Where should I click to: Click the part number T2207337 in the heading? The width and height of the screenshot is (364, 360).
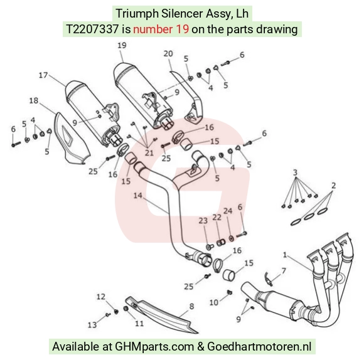(92, 29)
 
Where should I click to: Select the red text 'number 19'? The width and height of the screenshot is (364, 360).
(161, 29)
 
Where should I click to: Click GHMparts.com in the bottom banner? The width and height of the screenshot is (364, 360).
(154, 347)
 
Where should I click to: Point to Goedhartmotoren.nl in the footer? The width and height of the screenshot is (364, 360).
(259, 346)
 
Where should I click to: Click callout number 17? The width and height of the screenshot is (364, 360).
(43, 75)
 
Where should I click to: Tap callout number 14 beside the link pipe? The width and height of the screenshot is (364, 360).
(137, 195)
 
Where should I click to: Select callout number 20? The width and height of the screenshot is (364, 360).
(168, 53)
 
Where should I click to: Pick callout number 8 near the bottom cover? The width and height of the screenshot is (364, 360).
(191, 306)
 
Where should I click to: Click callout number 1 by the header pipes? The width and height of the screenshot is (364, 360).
(285, 255)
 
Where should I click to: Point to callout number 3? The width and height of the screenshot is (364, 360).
(295, 172)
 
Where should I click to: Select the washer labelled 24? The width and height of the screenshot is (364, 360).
(231, 238)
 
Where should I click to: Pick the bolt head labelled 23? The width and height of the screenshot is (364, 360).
(210, 247)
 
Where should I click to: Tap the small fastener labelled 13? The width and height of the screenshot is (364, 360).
(107, 315)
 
